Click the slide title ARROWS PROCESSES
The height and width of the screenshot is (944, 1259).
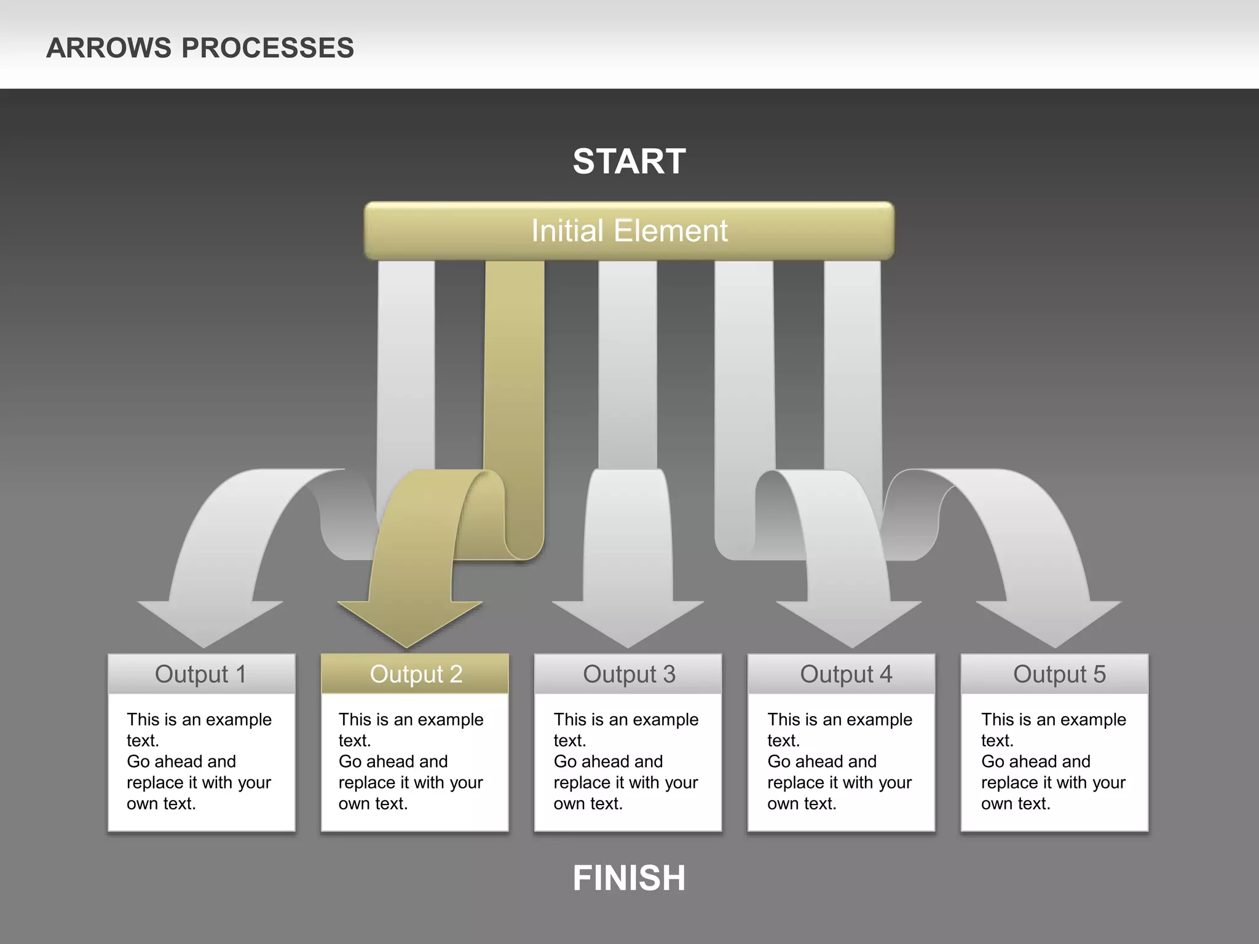point(200,48)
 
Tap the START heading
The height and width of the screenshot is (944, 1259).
point(629,162)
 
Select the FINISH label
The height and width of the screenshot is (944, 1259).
point(629,878)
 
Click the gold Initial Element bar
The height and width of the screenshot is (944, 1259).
point(629,231)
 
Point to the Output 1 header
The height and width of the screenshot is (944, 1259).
point(201,674)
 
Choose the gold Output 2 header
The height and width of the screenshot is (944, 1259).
point(416,674)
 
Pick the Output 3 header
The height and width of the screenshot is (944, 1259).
point(629,674)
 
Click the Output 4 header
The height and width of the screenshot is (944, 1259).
point(846,674)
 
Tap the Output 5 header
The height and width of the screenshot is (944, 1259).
point(1059,674)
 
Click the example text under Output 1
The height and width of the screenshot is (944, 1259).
point(199,761)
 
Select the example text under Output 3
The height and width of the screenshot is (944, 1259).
point(626,761)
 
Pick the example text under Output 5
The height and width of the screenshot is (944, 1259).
point(1053,761)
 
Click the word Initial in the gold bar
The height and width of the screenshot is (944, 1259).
point(567,231)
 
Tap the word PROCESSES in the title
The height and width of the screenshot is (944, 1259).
point(267,48)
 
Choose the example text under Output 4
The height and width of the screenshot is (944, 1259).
point(840,761)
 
